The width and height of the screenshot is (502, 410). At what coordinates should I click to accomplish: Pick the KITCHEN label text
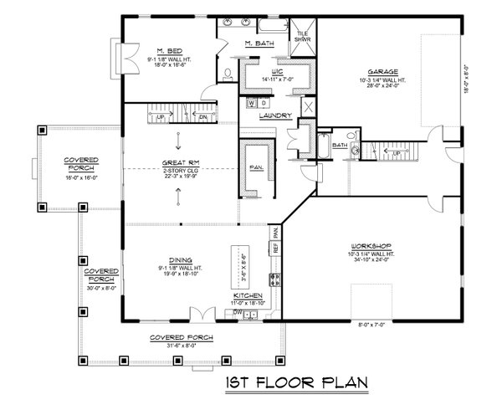point(249,296)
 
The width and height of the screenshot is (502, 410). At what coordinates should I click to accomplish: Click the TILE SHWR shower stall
point(302,35)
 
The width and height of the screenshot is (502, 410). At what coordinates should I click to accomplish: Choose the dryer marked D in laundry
point(264,103)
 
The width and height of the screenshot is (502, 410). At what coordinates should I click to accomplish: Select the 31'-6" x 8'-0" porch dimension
point(181,343)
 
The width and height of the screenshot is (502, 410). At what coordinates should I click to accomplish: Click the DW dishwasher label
point(237,312)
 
